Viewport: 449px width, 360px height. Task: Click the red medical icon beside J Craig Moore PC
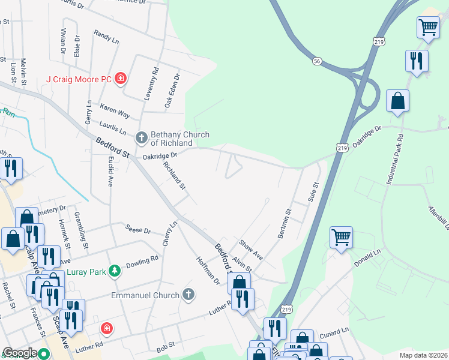click(x=121, y=78)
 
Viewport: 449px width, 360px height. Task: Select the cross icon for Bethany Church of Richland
click(x=142, y=138)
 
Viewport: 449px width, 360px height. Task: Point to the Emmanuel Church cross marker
click(x=188, y=295)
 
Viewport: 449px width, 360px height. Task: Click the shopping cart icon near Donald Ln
click(x=341, y=238)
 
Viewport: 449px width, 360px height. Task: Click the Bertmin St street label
click(x=285, y=223)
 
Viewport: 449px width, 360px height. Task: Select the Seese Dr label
click(x=137, y=229)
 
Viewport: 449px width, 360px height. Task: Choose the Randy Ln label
click(x=106, y=37)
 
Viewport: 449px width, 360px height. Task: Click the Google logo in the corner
click(x=20, y=353)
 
